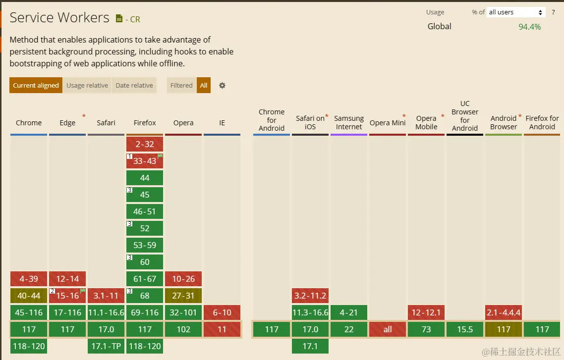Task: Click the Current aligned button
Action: click(x=36, y=85)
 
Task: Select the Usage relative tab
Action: click(x=87, y=85)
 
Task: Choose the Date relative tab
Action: click(x=134, y=85)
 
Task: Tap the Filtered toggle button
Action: click(x=181, y=85)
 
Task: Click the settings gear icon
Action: click(x=222, y=85)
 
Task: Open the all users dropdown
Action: click(x=516, y=12)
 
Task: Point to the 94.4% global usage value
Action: click(x=529, y=27)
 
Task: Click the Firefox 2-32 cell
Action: click(x=145, y=144)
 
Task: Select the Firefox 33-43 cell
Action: click(x=145, y=161)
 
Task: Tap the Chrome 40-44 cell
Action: click(x=29, y=296)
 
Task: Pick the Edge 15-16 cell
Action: click(x=67, y=296)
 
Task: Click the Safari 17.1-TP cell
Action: click(x=106, y=346)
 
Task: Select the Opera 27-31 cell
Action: click(x=183, y=296)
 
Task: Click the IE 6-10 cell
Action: click(x=222, y=312)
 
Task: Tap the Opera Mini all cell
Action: click(x=388, y=329)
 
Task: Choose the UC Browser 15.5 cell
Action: click(x=465, y=329)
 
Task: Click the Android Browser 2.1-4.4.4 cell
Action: click(x=504, y=312)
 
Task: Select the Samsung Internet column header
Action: click(x=349, y=122)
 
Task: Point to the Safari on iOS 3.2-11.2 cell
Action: click(x=310, y=296)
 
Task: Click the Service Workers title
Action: click(x=59, y=18)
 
